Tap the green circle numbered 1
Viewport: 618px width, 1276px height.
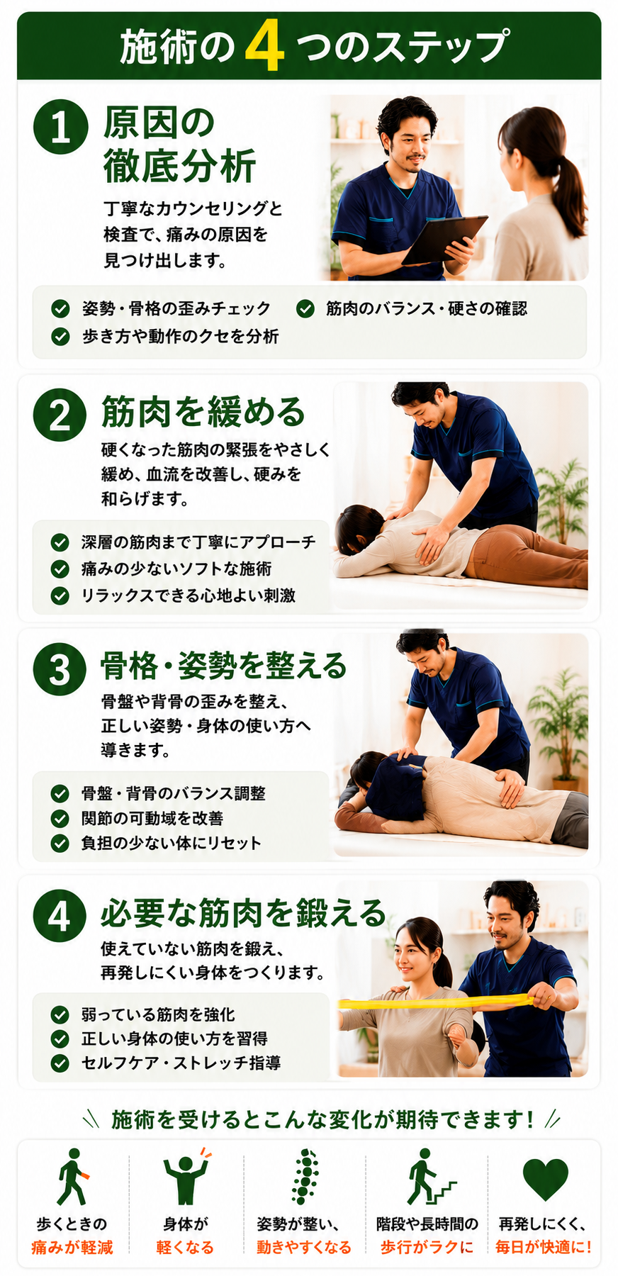click(60, 127)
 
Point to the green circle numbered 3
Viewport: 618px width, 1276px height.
click(60, 668)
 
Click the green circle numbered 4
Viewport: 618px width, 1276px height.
click(60, 916)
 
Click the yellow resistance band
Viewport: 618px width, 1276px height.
click(437, 1002)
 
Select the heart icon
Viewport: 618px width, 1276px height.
click(545, 1180)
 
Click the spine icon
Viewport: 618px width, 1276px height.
click(305, 1177)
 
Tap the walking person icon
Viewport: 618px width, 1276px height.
click(72, 1177)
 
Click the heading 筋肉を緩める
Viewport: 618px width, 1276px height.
click(203, 413)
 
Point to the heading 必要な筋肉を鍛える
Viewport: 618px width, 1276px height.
click(243, 913)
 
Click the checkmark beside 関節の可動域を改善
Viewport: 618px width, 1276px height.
click(60, 818)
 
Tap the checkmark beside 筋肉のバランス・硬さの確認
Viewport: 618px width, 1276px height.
click(305, 308)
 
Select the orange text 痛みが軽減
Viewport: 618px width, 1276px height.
click(72, 1248)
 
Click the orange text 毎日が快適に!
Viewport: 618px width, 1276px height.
click(544, 1248)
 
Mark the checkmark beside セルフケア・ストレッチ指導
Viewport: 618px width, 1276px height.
click(60, 1063)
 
